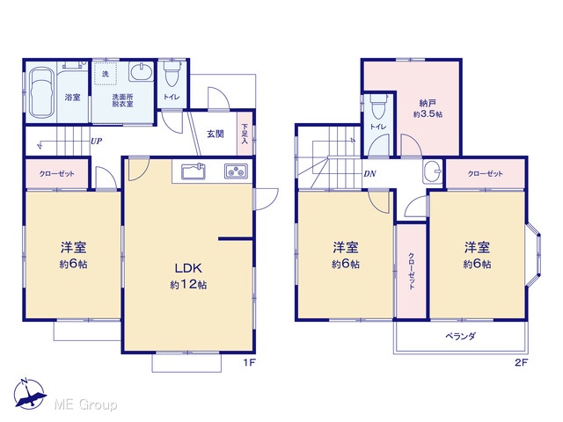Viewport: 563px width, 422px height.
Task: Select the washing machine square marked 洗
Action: pos(106,74)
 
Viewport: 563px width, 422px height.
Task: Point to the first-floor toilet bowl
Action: pos(172,74)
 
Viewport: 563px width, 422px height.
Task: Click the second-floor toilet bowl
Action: pos(378,105)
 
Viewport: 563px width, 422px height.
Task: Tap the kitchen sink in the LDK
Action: pos(194,171)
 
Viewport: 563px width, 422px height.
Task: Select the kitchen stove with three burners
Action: pos(236,171)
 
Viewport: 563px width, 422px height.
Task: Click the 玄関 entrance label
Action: pos(216,134)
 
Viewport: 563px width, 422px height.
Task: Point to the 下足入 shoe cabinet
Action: pos(245,134)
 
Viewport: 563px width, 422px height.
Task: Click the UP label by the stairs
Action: pos(96,141)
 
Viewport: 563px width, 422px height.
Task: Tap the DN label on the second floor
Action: pos(369,174)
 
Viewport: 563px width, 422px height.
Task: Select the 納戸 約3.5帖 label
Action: pos(428,109)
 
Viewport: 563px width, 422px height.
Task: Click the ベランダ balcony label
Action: pos(461,336)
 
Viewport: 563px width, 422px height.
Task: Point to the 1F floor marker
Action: pos(249,362)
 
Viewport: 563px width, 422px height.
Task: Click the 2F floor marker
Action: pos(522,362)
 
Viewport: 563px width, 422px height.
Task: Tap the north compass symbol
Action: pos(29,394)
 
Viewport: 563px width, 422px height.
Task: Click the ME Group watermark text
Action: pos(85,404)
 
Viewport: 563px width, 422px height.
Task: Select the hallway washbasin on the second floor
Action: pos(433,171)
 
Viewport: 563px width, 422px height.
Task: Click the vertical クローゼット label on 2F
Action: pos(412,272)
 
